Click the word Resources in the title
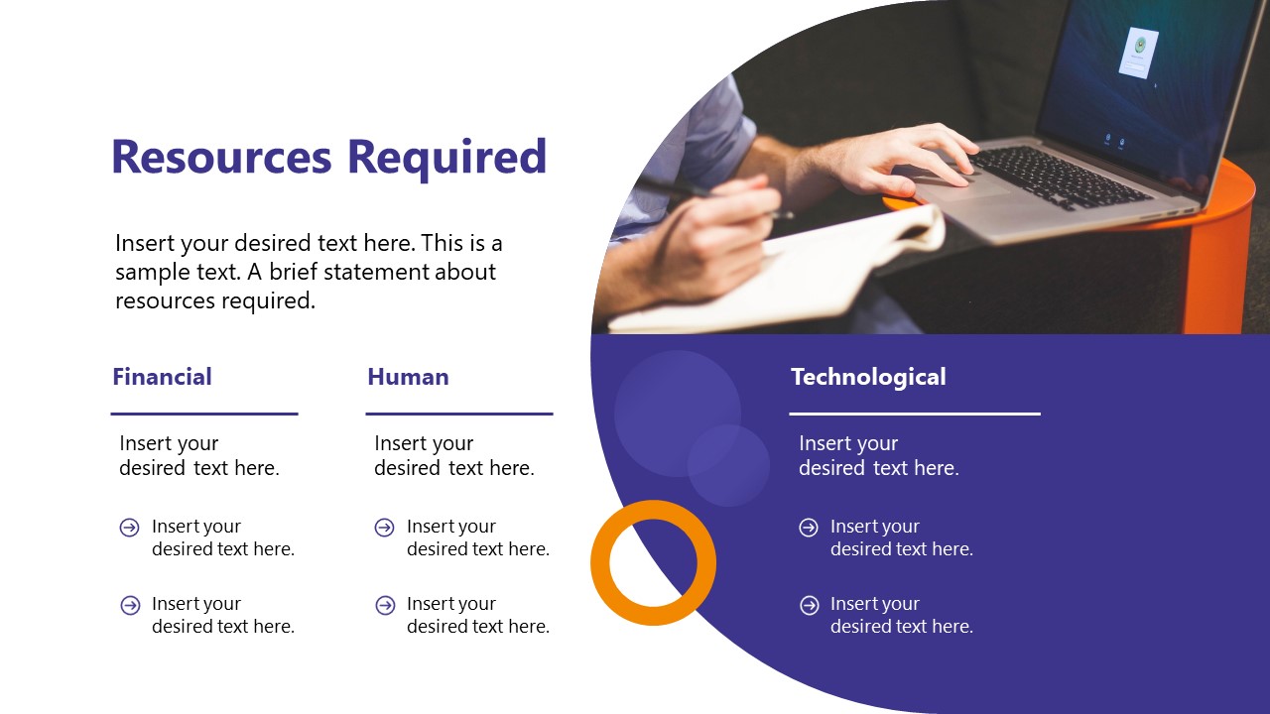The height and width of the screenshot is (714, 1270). (x=221, y=158)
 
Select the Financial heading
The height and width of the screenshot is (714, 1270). (x=162, y=377)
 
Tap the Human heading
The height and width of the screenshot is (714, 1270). (x=408, y=377)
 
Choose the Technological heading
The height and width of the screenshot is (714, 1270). (x=868, y=377)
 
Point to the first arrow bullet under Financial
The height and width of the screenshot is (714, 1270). (x=130, y=528)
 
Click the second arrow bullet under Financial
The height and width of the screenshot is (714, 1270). (x=130, y=605)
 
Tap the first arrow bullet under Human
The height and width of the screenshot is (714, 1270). (x=385, y=528)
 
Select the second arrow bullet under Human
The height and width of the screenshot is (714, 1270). (x=385, y=605)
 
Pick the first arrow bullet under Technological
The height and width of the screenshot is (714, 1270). (x=809, y=528)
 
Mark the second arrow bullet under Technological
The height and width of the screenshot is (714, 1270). (x=809, y=605)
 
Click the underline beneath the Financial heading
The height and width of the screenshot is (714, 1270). (x=203, y=414)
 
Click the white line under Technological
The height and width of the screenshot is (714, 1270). (x=914, y=414)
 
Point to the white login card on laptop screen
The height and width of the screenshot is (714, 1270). (x=1138, y=52)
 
